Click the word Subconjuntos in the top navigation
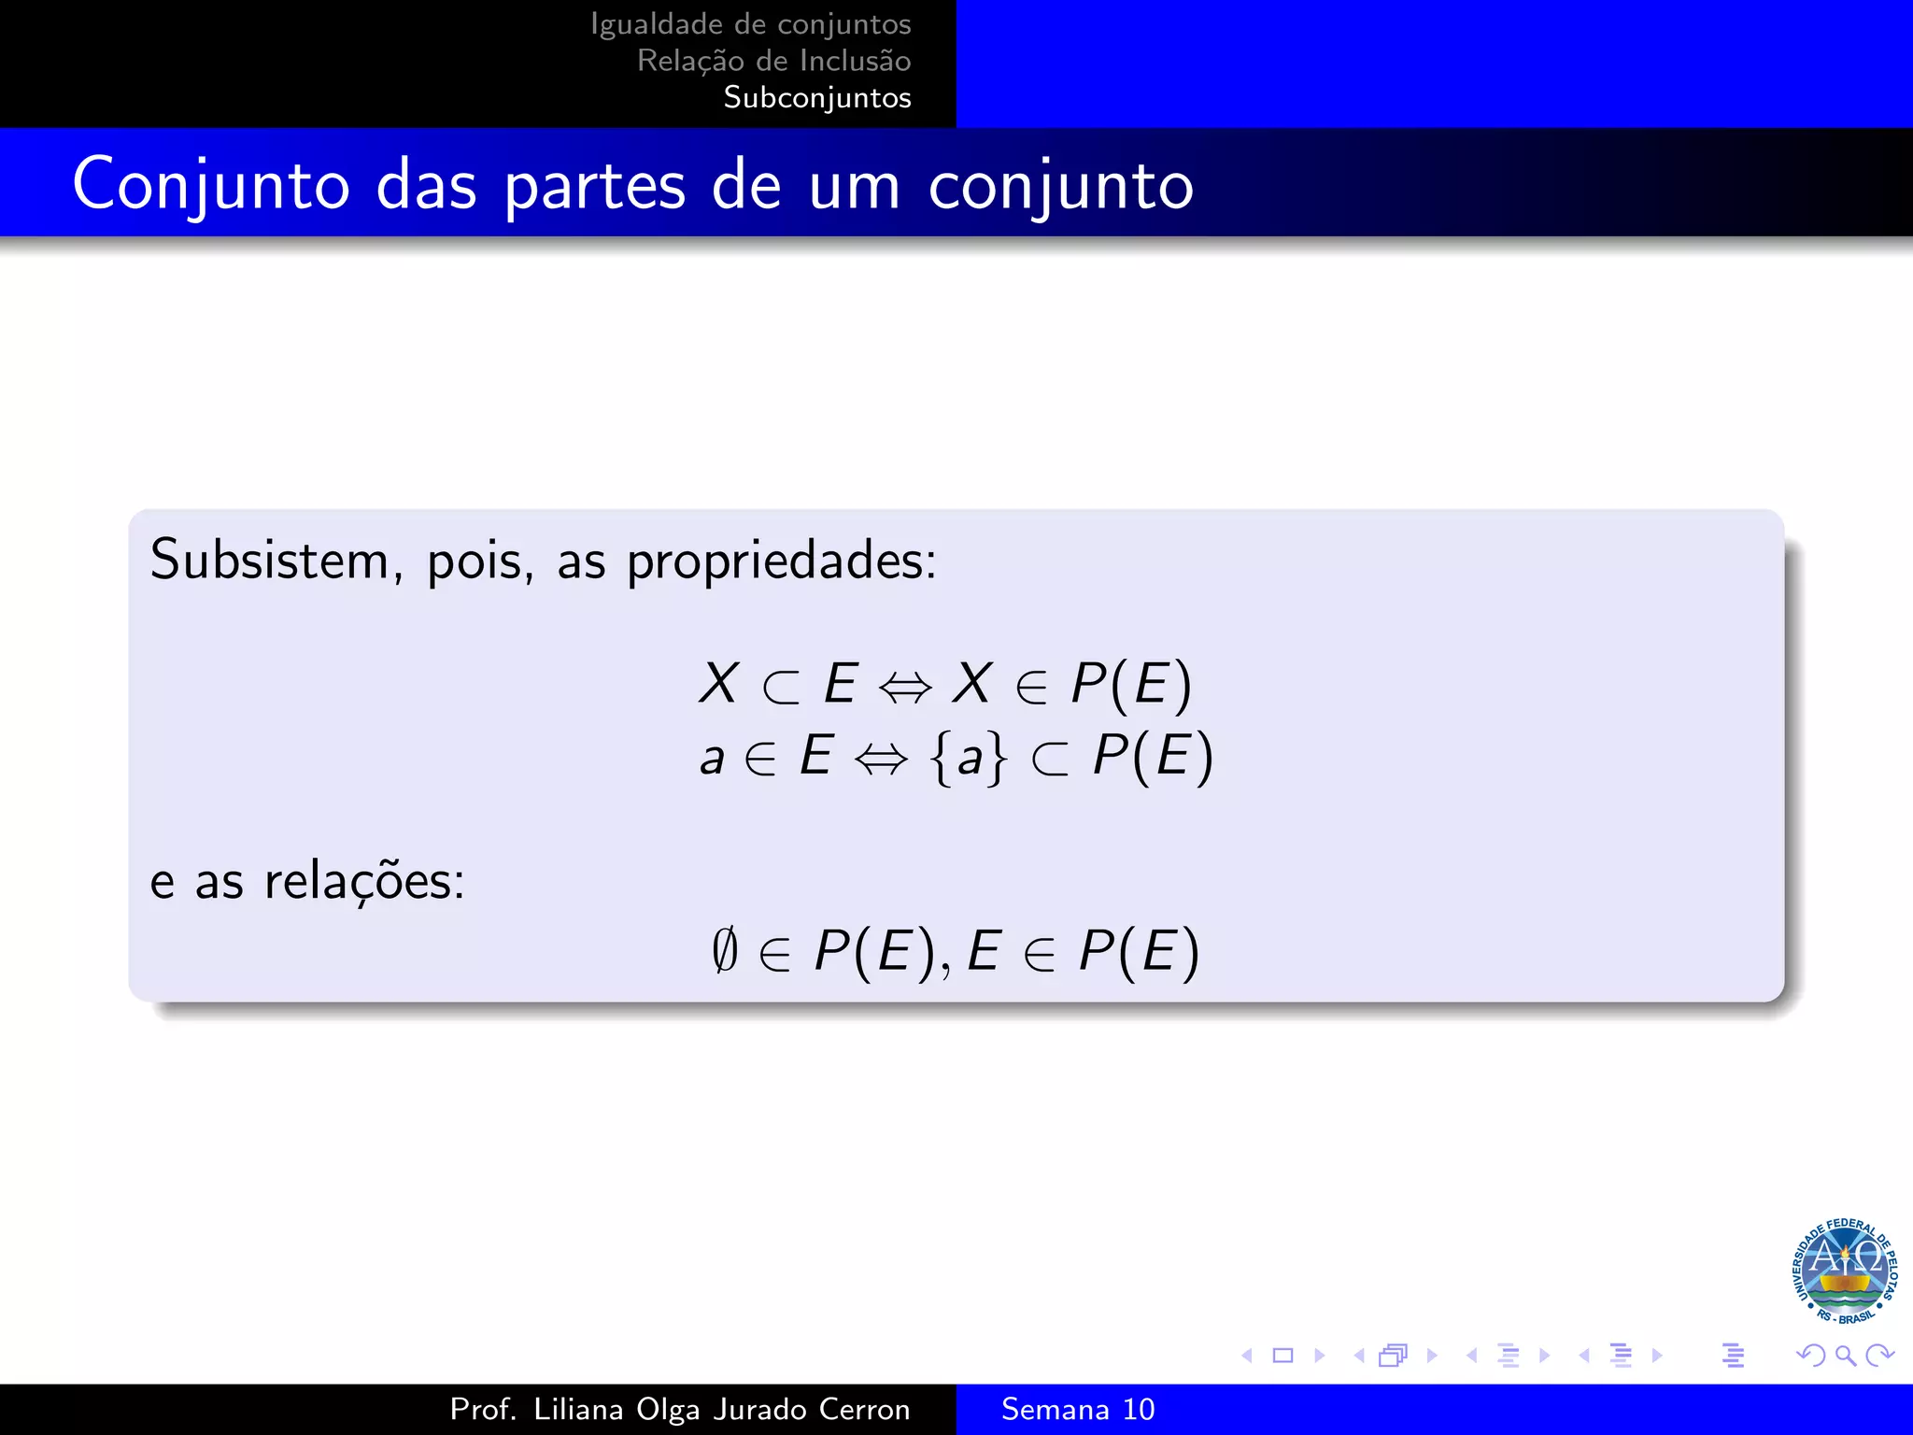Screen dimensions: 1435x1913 coord(816,97)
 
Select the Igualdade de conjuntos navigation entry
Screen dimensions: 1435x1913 coord(750,24)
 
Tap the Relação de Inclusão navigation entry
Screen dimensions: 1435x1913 coord(773,61)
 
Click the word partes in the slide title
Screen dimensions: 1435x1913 coord(595,186)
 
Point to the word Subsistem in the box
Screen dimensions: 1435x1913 coord(269,561)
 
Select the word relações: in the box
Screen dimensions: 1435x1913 coord(364,882)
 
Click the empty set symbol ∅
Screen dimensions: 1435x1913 coord(724,951)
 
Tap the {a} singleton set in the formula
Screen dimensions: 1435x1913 coord(970,757)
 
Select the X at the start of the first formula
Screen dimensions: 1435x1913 coord(718,683)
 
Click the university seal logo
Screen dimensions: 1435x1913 coord(1843,1272)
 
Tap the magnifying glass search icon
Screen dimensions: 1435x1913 coord(1845,1355)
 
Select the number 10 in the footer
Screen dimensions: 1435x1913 coord(1138,1409)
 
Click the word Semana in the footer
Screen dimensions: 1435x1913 coord(1055,1409)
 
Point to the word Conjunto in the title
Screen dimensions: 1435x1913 coord(211,186)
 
